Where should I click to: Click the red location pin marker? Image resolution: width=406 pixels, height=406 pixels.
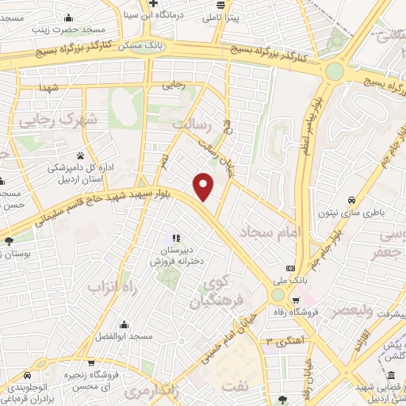(205, 186)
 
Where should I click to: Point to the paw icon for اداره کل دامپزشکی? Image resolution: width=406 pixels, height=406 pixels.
(81, 155)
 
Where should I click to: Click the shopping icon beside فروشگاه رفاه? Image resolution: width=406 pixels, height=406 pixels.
(295, 301)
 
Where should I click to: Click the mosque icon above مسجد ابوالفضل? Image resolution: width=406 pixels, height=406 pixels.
(123, 324)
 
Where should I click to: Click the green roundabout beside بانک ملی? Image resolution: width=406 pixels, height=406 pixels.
(277, 294)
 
